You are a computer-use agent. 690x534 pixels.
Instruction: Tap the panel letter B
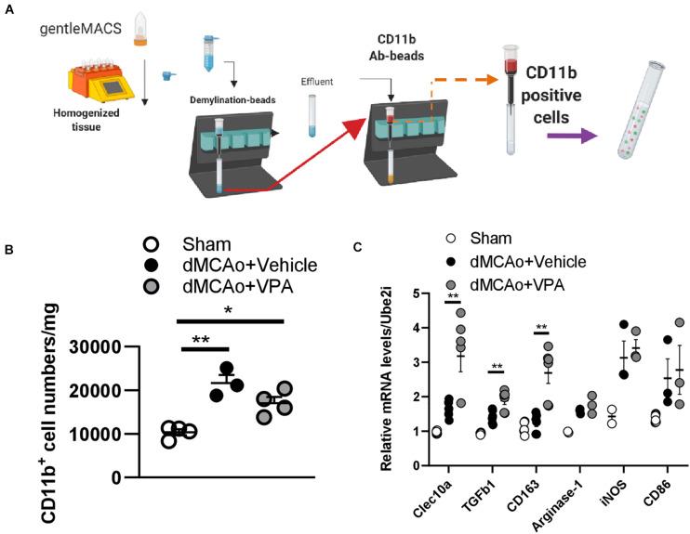pos(8,249)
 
